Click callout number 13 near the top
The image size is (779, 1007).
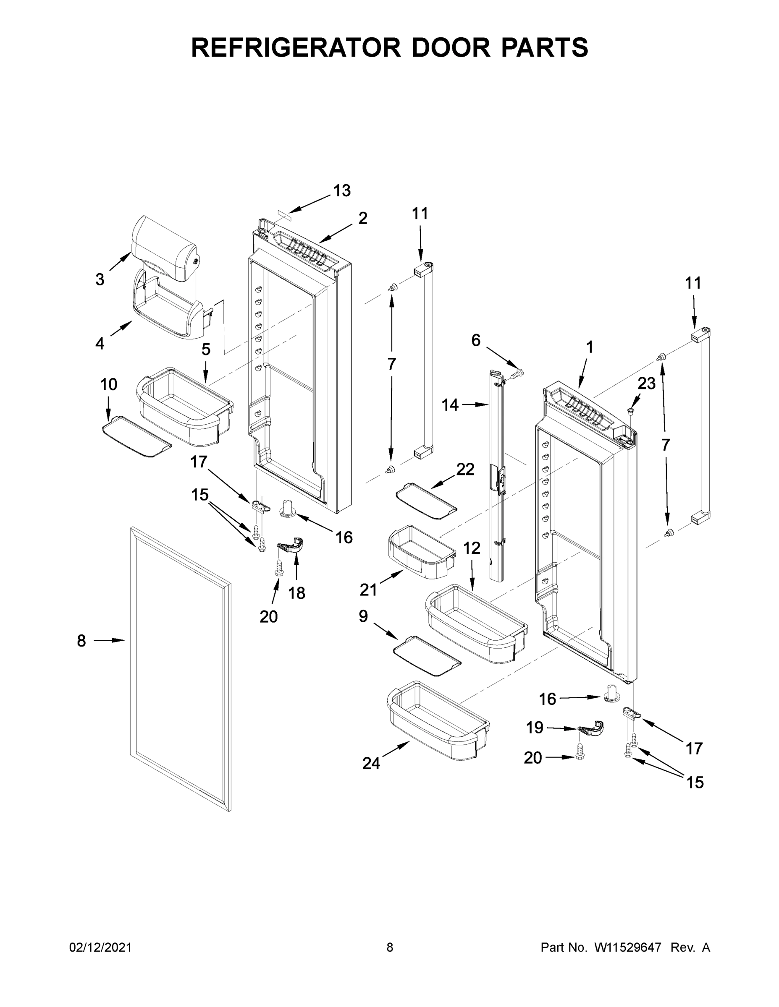[x=342, y=190]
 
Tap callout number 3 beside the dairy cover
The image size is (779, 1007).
[x=100, y=279]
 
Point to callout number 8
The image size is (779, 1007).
[x=81, y=640]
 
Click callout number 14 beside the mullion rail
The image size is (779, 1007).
[x=450, y=405]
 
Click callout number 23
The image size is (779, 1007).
[x=647, y=383]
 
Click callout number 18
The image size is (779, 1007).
[x=297, y=593]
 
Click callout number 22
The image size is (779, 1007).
[x=465, y=470]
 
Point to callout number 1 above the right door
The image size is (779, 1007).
[x=589, y=347]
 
